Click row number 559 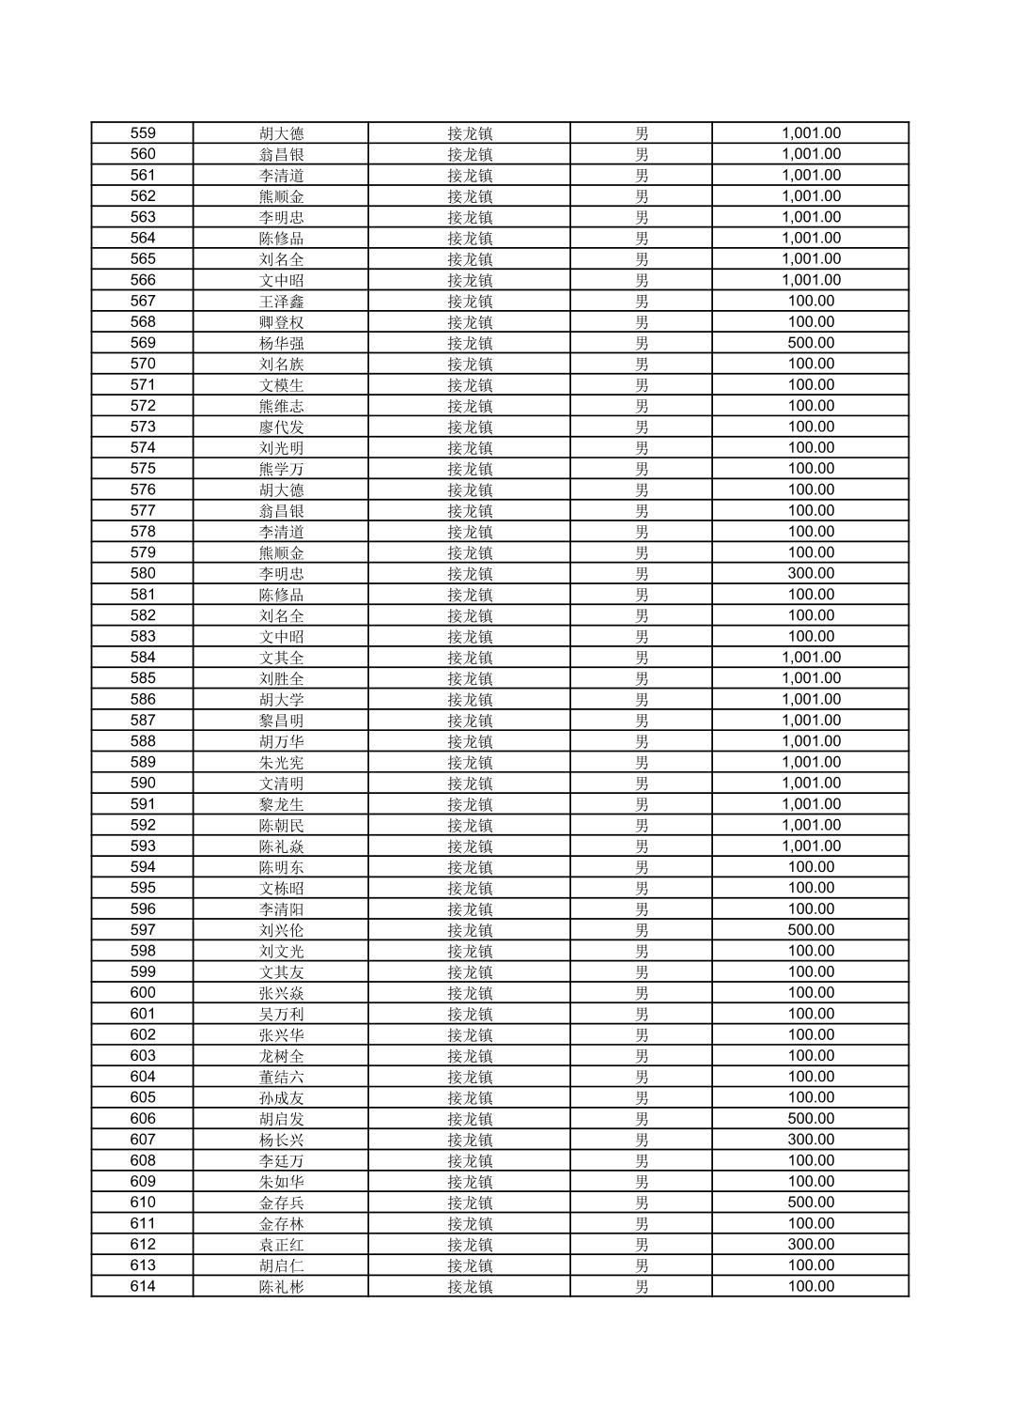143,133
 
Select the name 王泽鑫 281,302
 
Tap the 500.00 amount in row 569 811,343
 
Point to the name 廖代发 281,427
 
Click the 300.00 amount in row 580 811,573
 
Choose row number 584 143,658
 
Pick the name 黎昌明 281,721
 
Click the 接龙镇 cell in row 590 469,784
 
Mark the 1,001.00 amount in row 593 811,846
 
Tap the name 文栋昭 281,888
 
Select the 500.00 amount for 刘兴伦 811,930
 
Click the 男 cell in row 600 641,993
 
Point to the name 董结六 281,1077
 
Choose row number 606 143,1119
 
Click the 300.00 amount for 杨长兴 811,1140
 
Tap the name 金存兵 281,1203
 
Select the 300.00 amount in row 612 811,1245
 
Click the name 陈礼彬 281,1287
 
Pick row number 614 143,1287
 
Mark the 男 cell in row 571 641,385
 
